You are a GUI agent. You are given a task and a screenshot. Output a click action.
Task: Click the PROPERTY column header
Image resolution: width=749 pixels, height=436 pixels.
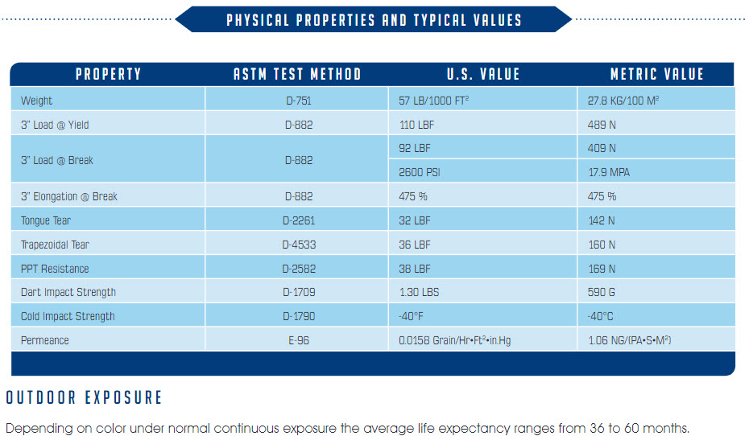click(108, 75)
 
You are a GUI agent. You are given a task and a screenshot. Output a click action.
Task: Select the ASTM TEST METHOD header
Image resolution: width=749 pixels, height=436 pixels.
click(297, 75)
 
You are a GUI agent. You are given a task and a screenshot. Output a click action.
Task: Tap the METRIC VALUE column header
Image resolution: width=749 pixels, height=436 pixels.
click(656, 75)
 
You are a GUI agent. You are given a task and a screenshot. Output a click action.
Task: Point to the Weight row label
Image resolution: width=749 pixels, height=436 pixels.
click(37, 101)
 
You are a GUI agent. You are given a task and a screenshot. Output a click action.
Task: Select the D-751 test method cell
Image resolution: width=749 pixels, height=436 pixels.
click(297, 101)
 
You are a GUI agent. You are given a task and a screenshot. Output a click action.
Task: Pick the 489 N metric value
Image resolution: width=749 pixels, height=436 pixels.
click(602, 125)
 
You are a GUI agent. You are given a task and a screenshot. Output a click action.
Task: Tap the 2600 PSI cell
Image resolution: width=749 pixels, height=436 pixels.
click(420, 172)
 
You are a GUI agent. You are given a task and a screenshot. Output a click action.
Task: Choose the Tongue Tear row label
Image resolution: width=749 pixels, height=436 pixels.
click(47, 220)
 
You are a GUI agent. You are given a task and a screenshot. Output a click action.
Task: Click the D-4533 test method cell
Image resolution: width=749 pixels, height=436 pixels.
click(297, 245)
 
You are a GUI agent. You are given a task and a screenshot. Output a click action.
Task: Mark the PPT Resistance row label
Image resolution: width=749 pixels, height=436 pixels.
click(55, 269)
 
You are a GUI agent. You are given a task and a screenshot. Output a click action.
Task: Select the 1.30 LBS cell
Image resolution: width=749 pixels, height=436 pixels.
click(419, 292)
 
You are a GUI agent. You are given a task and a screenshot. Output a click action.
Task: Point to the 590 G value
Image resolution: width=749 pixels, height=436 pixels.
click(602, 292)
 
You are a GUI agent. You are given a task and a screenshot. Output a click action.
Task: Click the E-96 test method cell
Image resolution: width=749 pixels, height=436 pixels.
click(297, 340)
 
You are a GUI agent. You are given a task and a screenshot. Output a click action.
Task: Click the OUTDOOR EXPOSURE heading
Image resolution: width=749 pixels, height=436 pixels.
click(84, 397)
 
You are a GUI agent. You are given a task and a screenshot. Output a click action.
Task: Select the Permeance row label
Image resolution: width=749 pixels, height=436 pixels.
click(45, 340)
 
